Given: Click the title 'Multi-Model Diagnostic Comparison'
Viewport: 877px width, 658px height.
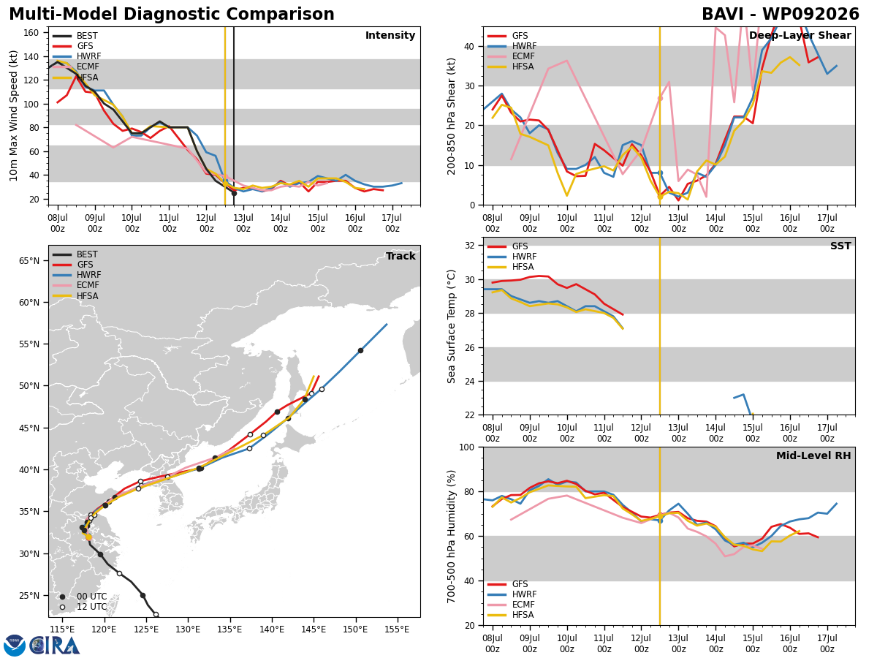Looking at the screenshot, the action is click(172, 14).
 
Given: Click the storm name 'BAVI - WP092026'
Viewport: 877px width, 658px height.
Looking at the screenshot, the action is click(781, 14).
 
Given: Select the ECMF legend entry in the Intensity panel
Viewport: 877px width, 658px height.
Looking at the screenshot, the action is click(76, 67).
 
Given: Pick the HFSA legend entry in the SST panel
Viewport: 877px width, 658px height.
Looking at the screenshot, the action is click(511, 267).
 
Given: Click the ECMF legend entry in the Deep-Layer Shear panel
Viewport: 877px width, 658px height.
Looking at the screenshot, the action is click(511, 56).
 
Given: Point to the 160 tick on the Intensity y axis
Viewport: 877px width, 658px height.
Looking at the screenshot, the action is click(31, 33).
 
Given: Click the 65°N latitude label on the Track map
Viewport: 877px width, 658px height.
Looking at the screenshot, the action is click(29, 261).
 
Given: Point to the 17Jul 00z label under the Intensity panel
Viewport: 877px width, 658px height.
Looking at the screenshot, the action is click(392, 223).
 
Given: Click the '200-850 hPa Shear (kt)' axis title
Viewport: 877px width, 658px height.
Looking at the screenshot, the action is click(452, 117).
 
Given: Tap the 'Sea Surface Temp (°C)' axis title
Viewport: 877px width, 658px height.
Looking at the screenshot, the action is click(452, 327).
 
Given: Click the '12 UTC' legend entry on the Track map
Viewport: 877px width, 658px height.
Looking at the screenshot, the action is click(84, 607).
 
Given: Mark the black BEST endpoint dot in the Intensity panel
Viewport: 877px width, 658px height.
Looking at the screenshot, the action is click(234, 193).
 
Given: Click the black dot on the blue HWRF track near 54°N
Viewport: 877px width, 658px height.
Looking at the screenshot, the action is click(360, 351).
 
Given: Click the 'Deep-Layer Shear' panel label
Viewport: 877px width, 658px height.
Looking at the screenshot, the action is click(800, 36).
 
